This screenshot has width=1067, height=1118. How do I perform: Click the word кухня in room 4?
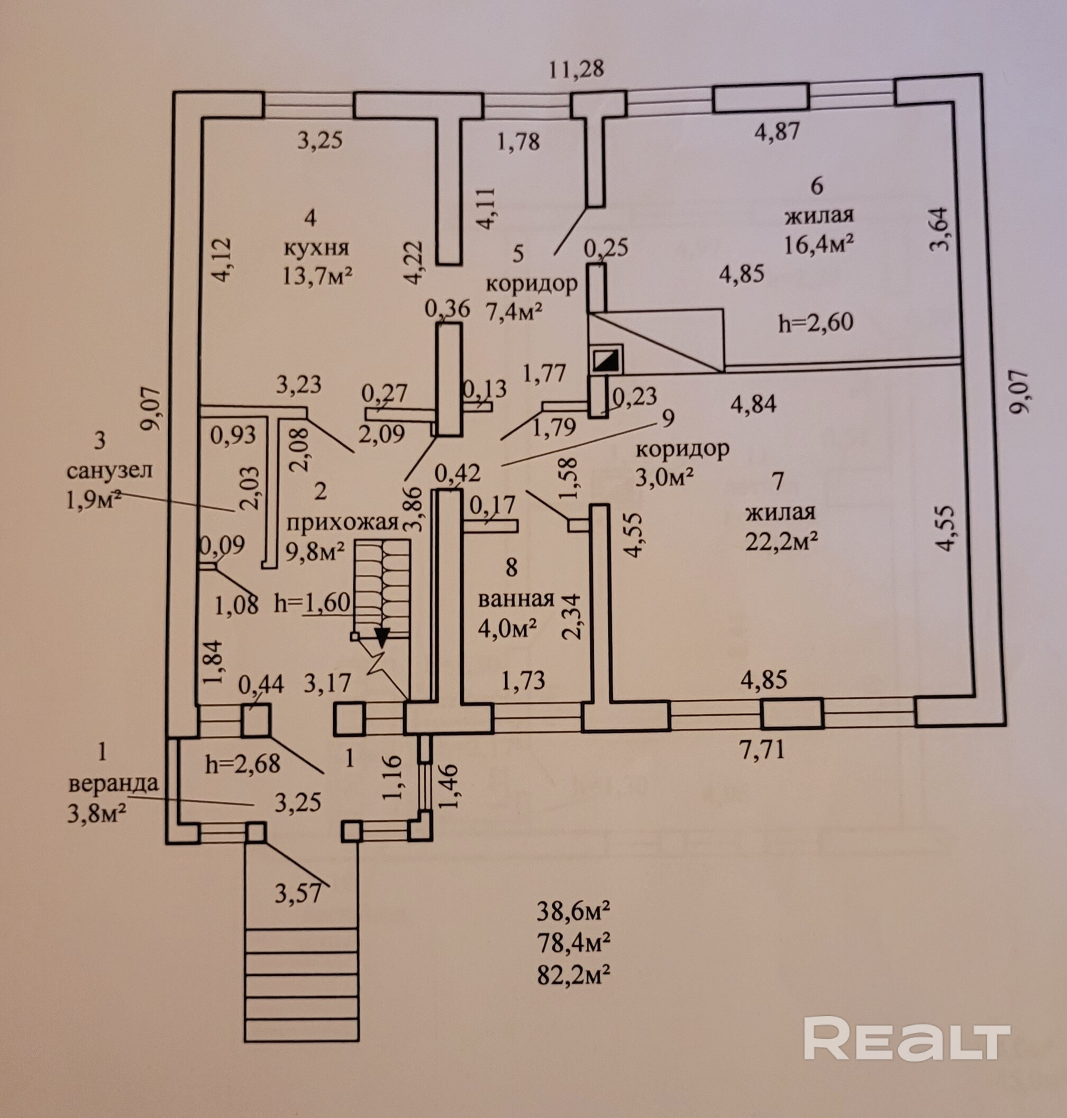pyautogui.click(x=316, y=248)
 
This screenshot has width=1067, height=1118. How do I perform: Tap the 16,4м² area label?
pyautogui.click(x=818, y=244)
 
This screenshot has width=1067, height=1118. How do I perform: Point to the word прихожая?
pyautogui.click(x=342, y=522)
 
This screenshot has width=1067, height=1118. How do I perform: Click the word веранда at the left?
pyautogui.click(x=113, y=784)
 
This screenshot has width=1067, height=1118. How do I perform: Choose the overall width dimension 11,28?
pyautogui.click(x=576, y=69)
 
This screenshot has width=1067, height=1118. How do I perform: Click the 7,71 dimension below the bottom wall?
pyautogui.click(x=762, y=749)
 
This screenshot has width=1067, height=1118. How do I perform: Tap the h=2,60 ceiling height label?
pyautogui.click(x=816, y=323)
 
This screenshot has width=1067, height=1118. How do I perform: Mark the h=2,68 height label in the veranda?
pyautogui.click(x=243, y=764)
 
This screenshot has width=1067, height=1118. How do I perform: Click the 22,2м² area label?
pyautogui.click(x=781, y=542)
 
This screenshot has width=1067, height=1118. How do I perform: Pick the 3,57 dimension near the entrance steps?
pyautogui.click(x=298, y=893)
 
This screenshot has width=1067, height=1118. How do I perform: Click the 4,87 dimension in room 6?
pyautogui.click(x=777, y=131)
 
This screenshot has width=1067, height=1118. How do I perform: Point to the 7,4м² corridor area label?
pyautogui.click(x=514, y=311)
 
